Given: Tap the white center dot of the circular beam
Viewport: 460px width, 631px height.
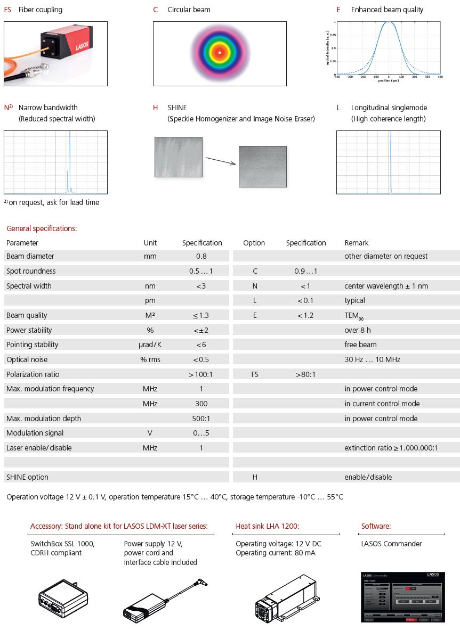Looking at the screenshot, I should click(x=220, y=53).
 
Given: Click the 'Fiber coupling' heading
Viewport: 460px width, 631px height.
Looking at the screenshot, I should click(x=41, y=10).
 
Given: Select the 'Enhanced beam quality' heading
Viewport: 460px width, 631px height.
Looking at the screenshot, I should click(x=387, y=10).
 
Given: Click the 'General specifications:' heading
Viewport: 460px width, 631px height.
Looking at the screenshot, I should click(x=42, y=228).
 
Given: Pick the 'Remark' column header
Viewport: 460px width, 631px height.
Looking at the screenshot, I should click(x=357, y=243).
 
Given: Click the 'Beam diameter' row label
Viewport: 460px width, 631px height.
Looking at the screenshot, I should click(x=30, y=256).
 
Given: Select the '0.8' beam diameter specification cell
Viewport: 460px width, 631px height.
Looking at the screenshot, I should click(x=201, y=256).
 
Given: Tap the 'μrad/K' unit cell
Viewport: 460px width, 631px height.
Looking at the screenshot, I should click(x=150, y=345).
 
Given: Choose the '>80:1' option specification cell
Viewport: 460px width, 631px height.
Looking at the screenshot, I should click(x=305, y=374).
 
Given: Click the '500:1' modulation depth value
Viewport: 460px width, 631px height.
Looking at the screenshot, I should click(x=201, y=419).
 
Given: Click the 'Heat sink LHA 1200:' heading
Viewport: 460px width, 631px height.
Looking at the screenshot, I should click(x=268, y=527).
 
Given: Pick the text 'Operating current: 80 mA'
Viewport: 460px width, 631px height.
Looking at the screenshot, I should click(x=275, y=553).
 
